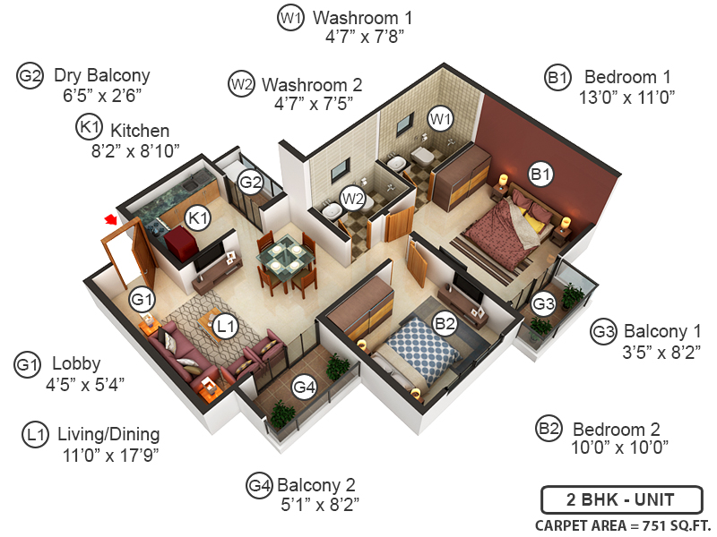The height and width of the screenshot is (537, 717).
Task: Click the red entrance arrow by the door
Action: click(x=111, y=219)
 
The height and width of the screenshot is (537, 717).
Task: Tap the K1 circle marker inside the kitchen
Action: click(x=197, y=217)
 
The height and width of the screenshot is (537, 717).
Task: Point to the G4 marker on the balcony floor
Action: click(x=306, y=388)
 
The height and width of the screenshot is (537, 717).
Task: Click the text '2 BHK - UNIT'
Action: click(x=620, y=499)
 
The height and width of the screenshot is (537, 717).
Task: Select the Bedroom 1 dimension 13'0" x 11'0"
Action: click(x=626, y=97)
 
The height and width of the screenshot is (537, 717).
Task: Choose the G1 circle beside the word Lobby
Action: click(x=29, y=364)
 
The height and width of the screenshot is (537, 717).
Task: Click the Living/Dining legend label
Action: click(x=108, y=435)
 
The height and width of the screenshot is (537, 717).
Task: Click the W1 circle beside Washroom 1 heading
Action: click(x=290, y=18)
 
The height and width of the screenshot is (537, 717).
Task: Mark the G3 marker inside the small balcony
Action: click(x=543, y=304)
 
